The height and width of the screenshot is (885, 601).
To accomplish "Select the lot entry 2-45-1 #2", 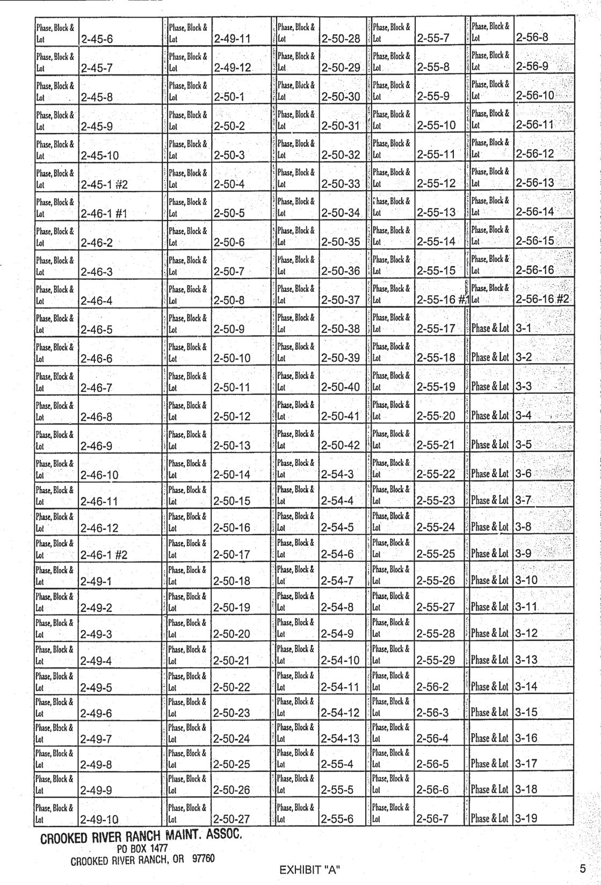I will [104, 185].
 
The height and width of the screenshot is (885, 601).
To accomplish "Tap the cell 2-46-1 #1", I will [104, 214].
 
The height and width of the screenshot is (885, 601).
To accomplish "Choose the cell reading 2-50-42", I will [340, 445].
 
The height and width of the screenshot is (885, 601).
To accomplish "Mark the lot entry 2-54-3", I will [337, 474].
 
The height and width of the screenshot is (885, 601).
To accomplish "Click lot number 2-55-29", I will [436, 660].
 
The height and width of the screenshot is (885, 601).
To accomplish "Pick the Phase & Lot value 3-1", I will [523, 328].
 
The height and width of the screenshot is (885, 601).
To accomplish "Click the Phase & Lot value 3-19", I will [526, 818].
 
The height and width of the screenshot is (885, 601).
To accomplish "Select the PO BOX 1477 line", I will [142, 848].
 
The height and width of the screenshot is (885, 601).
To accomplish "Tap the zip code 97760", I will [203, 858].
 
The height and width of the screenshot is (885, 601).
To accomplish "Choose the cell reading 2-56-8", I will [532, 38].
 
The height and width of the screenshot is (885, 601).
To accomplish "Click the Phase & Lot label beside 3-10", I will [489, 580].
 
